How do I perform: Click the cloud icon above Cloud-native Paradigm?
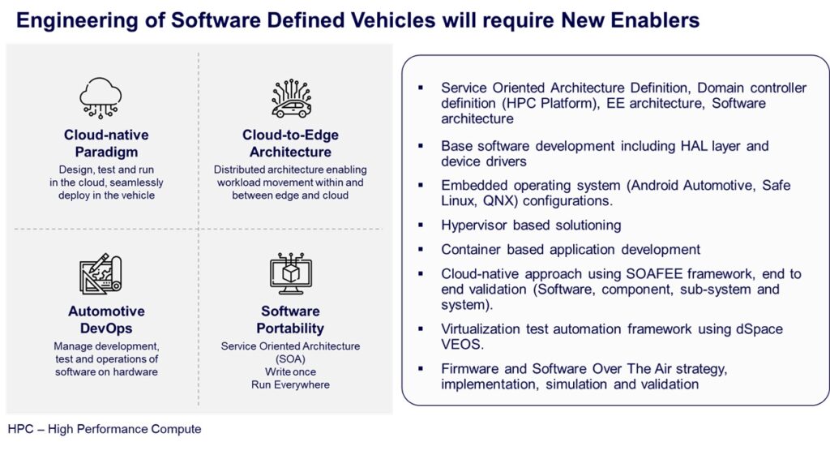point(101,97)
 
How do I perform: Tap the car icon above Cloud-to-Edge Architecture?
point(291,98)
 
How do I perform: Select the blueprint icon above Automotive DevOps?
point(101,274)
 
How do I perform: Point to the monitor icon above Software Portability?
point(291,274)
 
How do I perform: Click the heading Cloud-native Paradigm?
point(106,143)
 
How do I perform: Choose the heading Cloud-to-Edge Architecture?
point(291,143)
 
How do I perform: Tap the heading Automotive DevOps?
point(106,320)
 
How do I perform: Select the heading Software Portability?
point(291,320)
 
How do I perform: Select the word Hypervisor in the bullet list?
point(473,225)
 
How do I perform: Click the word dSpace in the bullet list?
point(759,329)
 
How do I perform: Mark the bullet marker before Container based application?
point(421,249)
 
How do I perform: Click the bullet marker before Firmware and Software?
point(421,368)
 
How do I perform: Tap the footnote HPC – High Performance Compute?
point(105,429)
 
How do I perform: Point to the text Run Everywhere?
point(291,384)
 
